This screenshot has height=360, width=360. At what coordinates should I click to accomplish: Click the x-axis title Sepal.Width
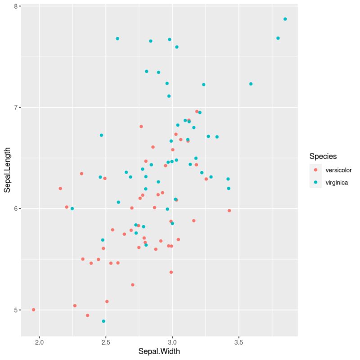click(159, 351)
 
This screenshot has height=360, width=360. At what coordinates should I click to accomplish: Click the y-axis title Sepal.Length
click(7, 171)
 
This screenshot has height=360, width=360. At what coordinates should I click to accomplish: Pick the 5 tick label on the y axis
click(15, 310)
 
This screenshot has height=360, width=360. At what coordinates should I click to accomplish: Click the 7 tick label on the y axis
click(15, 108)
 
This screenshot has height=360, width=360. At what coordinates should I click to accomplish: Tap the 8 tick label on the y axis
click(15, 6)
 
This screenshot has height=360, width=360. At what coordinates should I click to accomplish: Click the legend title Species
click(323, 156)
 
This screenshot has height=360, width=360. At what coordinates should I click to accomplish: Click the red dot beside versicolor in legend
click(315, 170)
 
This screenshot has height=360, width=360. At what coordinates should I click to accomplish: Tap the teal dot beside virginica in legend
click(315, 183)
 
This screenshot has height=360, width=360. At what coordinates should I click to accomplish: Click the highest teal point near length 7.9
click(285, 19)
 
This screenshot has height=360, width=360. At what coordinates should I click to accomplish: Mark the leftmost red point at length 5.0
click(33, 310)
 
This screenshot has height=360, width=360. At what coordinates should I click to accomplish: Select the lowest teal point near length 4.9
click(103, 321)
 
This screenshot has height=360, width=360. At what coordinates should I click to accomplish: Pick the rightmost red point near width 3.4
click(229, 211)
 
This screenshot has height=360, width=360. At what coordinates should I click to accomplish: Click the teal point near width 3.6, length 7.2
click(251, 84)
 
